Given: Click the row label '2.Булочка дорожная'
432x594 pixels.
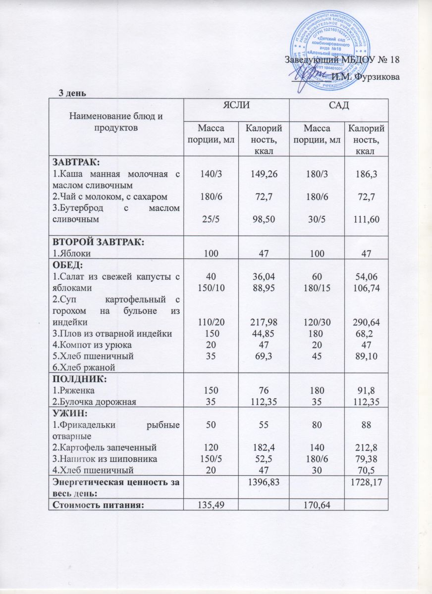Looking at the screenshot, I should point(95,401).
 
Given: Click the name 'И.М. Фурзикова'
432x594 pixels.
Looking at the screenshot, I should point(366,76).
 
